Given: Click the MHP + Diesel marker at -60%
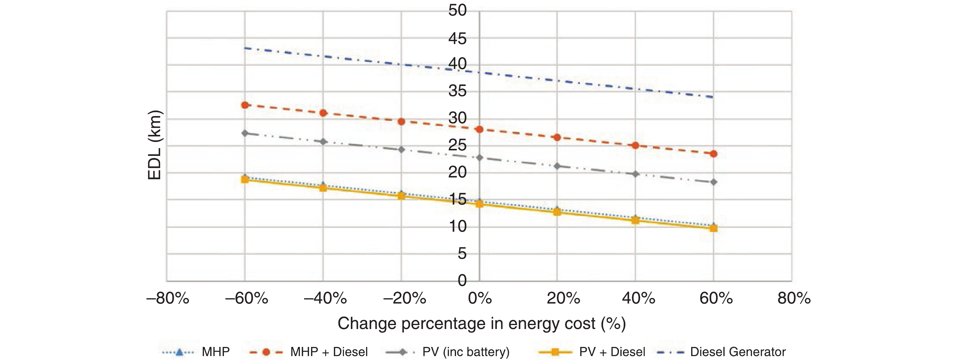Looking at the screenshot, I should coord(245,105).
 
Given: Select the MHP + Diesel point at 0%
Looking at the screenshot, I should coord(479,129).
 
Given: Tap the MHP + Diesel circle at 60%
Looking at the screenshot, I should coord(713,154).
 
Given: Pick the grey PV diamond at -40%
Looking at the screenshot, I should coord(323,142).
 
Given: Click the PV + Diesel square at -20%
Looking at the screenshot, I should coord(401,196).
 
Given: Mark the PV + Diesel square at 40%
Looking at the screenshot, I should coord(635,220).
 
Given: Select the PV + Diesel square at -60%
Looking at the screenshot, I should coord(245,180).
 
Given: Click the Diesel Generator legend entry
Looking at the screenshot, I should coord(737,351).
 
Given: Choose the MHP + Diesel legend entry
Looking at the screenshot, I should coord(329,351).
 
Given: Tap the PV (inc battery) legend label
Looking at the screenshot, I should coord(466,351).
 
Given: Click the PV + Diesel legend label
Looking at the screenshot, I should coord(612,351).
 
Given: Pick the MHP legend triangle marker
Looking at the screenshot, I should coord(179,351).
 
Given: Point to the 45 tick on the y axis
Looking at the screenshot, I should coord(457,39).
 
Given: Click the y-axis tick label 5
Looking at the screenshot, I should coord(462,254).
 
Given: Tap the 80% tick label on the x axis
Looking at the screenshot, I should coord(794,298).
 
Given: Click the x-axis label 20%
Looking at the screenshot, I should coord(563,298).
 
